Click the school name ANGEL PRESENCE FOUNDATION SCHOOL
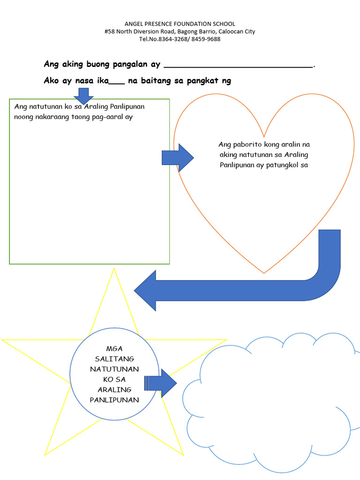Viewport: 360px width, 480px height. tap(180, 24)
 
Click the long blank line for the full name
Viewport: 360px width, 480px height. tap(238, 67)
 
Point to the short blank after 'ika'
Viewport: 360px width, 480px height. tap(117, 83)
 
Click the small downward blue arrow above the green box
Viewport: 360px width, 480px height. tap(83, 96)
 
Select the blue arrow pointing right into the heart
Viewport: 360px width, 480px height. tap(178, 157)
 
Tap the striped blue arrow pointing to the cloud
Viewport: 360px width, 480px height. tap(160, 383)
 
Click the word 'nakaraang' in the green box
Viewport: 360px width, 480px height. tap(52, 117)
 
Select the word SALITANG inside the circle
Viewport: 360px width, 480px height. tap(114, 359)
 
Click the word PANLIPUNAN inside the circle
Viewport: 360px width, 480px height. tap(114, 400)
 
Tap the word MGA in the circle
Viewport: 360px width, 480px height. tap(114, 349)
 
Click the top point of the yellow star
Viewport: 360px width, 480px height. tap(114, 269)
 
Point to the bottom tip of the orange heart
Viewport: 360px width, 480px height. tap(264, 273)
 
